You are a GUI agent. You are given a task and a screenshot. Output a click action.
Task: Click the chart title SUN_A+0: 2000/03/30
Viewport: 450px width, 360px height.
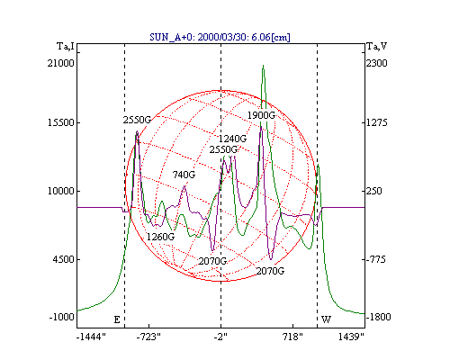201,37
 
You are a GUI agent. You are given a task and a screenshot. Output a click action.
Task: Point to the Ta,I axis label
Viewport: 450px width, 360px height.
66,47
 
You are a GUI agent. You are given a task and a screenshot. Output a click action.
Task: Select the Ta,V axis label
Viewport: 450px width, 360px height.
377,47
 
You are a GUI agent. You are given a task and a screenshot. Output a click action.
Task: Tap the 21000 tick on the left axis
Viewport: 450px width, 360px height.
60,63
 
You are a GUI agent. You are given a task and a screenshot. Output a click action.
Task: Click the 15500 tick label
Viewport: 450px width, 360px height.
60,122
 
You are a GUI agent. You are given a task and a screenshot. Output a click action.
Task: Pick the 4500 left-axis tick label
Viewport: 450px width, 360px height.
63,259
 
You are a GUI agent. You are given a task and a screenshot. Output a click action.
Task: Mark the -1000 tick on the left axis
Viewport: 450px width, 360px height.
61,317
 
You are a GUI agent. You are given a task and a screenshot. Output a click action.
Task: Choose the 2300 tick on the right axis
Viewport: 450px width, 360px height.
377,63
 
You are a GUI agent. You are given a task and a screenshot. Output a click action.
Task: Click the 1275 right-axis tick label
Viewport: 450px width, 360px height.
377,122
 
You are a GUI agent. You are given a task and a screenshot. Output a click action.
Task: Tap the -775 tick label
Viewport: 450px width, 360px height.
375,259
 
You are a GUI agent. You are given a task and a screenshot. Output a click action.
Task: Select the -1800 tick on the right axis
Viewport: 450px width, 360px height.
378,317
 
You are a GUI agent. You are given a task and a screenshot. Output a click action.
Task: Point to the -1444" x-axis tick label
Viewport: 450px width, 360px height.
91,337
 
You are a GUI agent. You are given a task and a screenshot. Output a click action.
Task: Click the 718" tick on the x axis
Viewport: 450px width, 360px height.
292,337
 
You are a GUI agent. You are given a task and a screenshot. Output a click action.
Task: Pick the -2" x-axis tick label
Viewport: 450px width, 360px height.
220,337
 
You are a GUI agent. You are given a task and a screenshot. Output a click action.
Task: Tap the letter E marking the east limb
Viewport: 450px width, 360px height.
117,319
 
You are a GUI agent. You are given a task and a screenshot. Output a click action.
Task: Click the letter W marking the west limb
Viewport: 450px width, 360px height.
326,319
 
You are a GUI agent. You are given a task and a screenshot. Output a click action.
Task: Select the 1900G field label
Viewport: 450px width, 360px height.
261,115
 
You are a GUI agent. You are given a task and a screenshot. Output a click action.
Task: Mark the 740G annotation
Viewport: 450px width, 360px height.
184,175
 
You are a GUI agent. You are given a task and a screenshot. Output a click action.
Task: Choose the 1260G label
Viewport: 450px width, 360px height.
160,237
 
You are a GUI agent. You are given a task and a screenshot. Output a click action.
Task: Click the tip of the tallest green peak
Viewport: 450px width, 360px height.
263,65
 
